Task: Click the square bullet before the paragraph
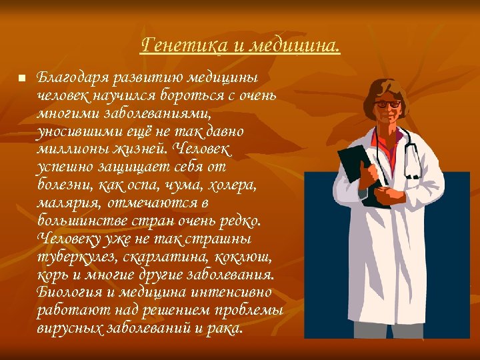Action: (x=21, y=78)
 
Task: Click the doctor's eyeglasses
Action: (x=388, y=104)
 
